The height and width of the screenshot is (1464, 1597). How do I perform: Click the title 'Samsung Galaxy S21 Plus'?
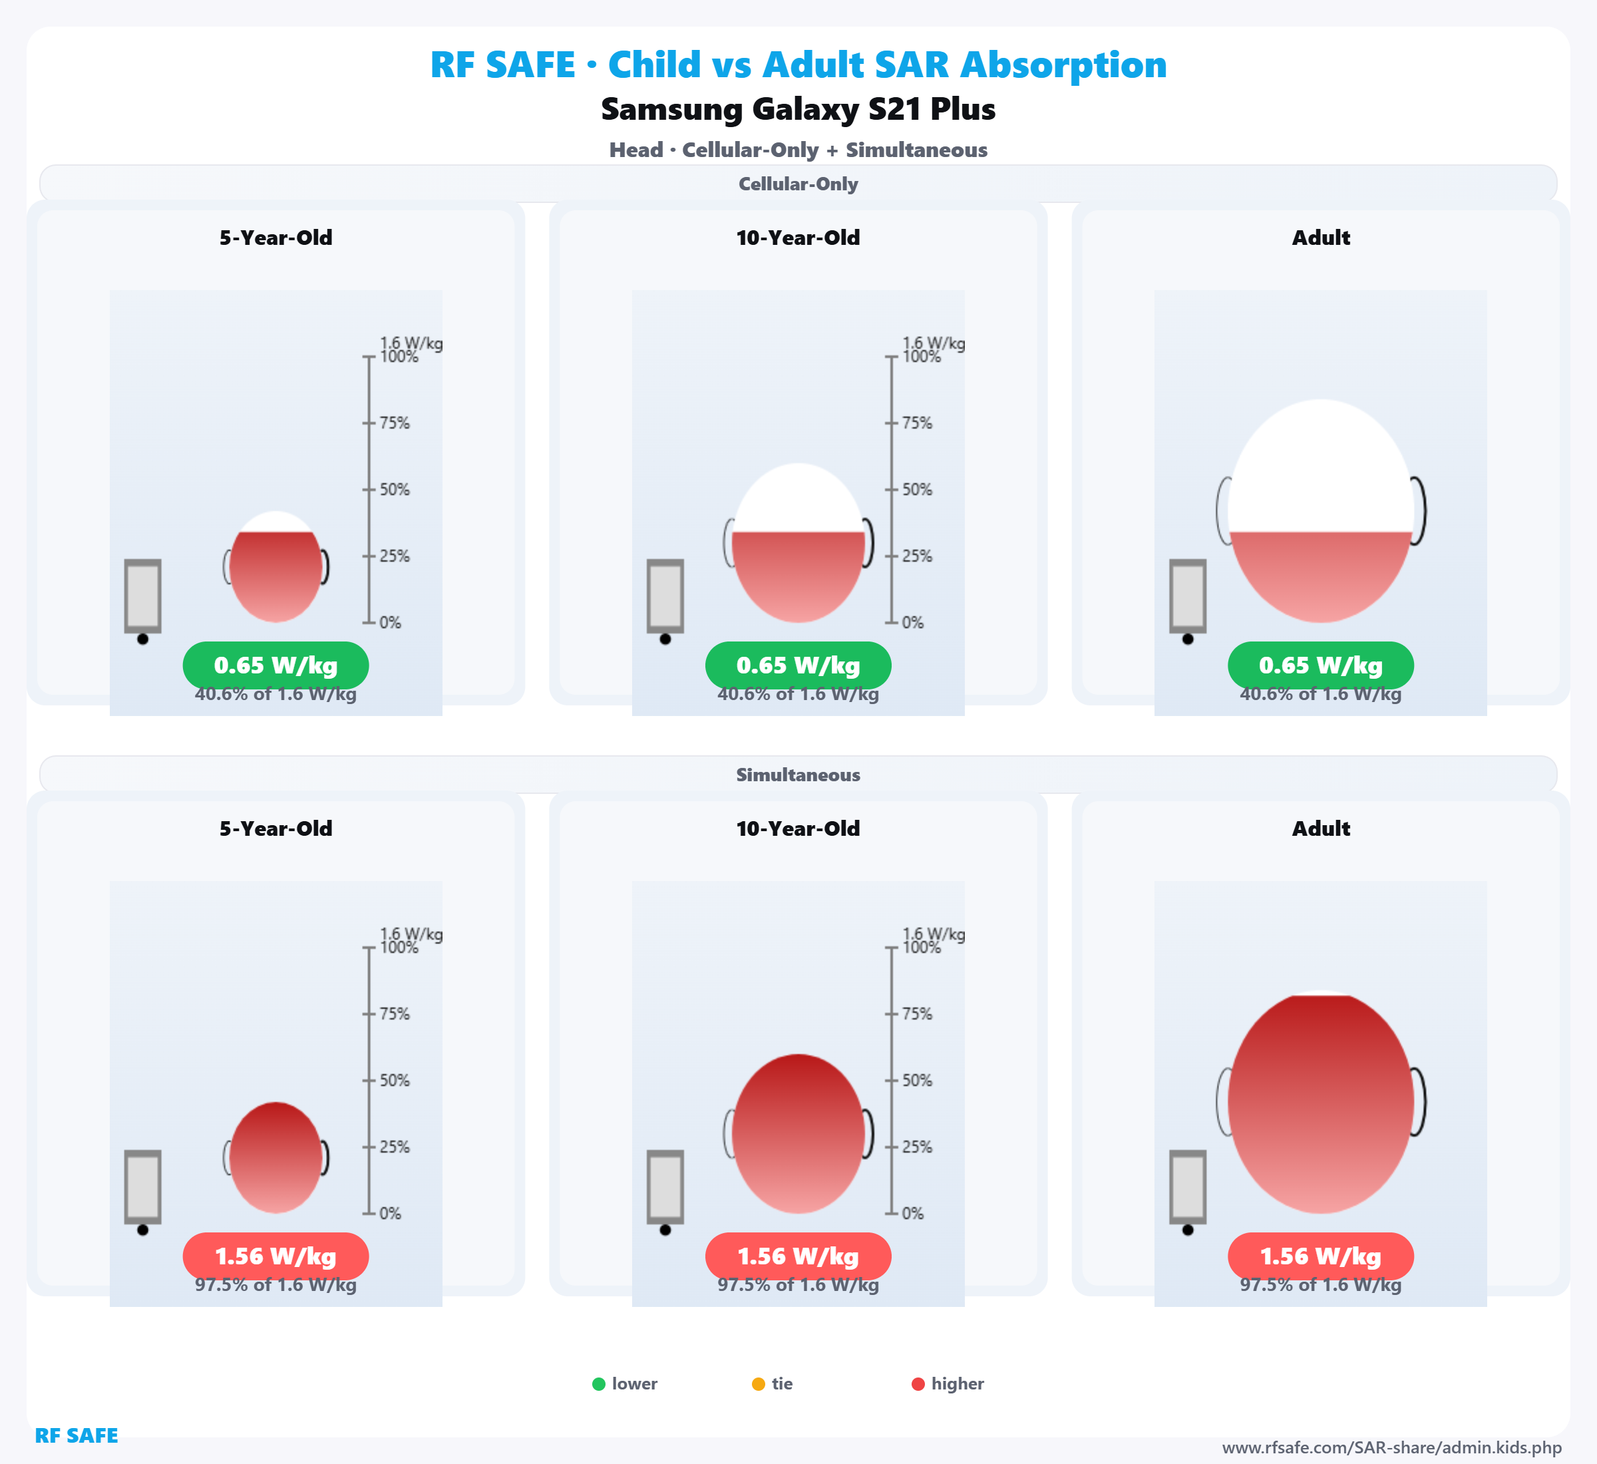click(798, 109)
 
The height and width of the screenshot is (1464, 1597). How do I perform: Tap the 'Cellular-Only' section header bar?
click(798, 184)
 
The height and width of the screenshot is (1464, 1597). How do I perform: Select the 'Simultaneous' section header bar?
click(798, 775)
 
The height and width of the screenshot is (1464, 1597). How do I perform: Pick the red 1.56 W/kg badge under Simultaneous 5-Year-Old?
click(275, 1256)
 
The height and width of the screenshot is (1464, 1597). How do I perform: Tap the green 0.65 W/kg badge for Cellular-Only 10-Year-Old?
click(798, 665)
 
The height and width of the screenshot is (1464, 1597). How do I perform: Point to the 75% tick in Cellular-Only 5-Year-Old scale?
click(369, 423)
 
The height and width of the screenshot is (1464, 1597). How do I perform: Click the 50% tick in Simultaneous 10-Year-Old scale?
click(892, 1081)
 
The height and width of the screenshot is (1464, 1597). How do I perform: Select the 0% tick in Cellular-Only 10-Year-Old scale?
click(892, 623)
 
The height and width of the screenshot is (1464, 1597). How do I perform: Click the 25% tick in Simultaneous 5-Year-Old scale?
click(369, 1147)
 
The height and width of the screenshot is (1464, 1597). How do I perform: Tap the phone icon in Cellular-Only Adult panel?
click(1188, 596)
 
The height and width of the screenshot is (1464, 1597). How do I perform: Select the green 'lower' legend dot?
click(599, 1384)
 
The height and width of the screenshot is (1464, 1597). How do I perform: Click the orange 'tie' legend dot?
click(758, 1384)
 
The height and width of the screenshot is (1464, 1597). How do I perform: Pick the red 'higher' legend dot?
click(918, 1384)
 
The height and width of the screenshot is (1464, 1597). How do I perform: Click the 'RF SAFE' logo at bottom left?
click(76, 1435)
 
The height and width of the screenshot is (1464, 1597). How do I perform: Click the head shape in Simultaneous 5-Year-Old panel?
click(275, 1157)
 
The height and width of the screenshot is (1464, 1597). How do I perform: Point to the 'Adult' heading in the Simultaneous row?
click(1321, 828)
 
